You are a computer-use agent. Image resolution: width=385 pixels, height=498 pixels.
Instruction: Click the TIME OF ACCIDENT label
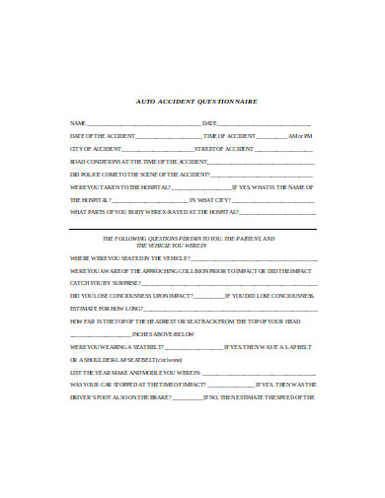pyautogui.click(x=229, y=135)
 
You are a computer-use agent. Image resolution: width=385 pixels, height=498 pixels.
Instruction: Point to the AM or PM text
pyautogui.click(x=300, y=135)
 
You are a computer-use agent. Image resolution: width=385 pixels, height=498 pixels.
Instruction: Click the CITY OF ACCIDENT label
pyautogui.click(x=96, y=148)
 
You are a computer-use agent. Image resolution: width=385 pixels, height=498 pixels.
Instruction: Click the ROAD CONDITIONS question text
pyautogui.click(x=138, y=161)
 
